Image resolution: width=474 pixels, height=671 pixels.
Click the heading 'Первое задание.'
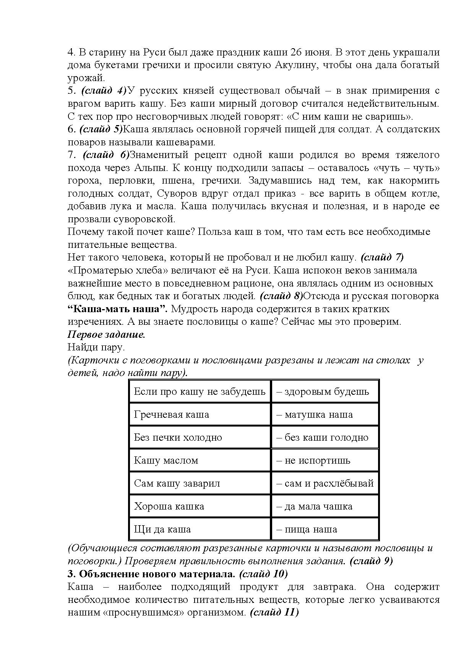tap(106, 334)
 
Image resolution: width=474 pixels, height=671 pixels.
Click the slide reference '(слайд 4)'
tap(104, 91)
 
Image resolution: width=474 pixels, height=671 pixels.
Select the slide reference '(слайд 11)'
tap(274, 612)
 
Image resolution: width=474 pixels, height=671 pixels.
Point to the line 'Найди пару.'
tap(96, 347)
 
